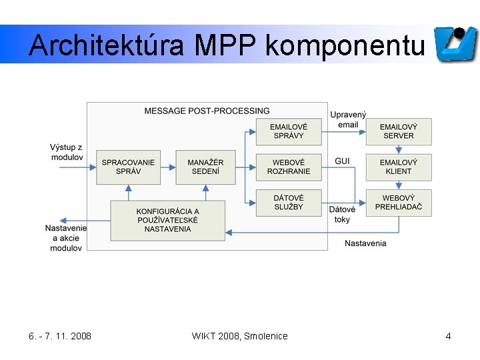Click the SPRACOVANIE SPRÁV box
point(128,167)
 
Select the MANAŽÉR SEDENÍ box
point(205,167)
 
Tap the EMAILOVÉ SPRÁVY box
point(288,131)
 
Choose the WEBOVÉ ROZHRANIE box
point(288,167)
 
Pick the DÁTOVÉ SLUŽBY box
point(288,203)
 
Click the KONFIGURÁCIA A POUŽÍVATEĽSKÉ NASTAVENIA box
point(168,220)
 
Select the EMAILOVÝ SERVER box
point(398,131)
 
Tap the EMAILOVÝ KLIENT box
point(398,167)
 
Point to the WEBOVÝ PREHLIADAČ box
point(398,203)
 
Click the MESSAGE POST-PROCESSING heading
point(207,111)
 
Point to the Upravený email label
point(348,120)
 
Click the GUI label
point(342,161)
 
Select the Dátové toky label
point(342,215)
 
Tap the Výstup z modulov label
point(67,152)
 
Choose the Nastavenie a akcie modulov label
point(66,238)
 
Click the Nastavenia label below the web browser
point(365,243)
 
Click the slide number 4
point(448,336)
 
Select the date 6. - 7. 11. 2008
point(61,336)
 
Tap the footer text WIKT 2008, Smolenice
point(239,336)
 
